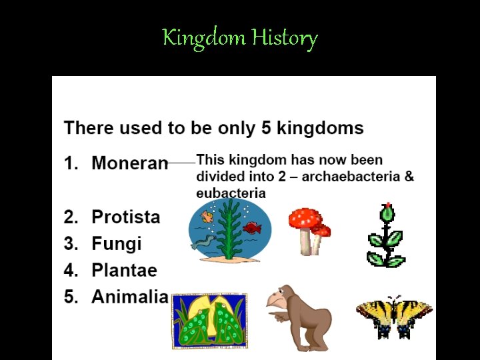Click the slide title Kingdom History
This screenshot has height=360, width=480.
coord(240,38)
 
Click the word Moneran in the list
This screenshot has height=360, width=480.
coord(129,163)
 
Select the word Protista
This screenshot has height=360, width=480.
coord(125,217)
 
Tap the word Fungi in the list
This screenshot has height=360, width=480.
coord(116,243)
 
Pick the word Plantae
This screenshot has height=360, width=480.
coord(124,270)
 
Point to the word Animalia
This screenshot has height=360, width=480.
coord(129,297)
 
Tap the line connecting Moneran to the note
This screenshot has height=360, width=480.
coord(181,161)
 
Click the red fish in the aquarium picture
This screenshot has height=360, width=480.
coord(252,228)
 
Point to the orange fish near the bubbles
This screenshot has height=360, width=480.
coord(207,216)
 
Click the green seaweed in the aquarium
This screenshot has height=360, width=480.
coord(229,230)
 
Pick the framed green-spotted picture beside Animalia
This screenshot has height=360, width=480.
coord(209,321)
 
